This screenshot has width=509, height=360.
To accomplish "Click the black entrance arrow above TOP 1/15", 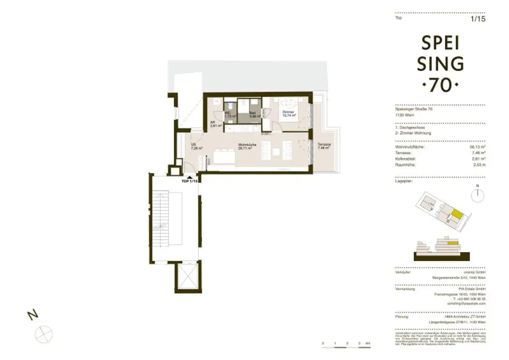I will [189, 177].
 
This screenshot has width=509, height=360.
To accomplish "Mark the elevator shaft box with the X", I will [188, 276].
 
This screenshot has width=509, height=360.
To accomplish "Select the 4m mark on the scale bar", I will [367, 344].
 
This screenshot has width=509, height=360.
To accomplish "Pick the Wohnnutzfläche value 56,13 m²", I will [477, 147].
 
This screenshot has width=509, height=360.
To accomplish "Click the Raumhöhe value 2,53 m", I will [479, 164].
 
